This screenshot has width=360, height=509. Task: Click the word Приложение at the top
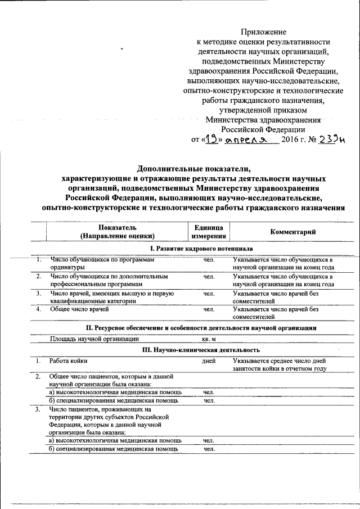[x=263, y=32]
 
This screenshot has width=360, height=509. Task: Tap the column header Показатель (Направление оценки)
[x=116, y=232]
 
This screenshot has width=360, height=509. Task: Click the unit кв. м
[x=209, y=339]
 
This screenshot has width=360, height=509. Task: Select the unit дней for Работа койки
[x=209, y=361]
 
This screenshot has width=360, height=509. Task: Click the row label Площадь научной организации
[x=93, y=339]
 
